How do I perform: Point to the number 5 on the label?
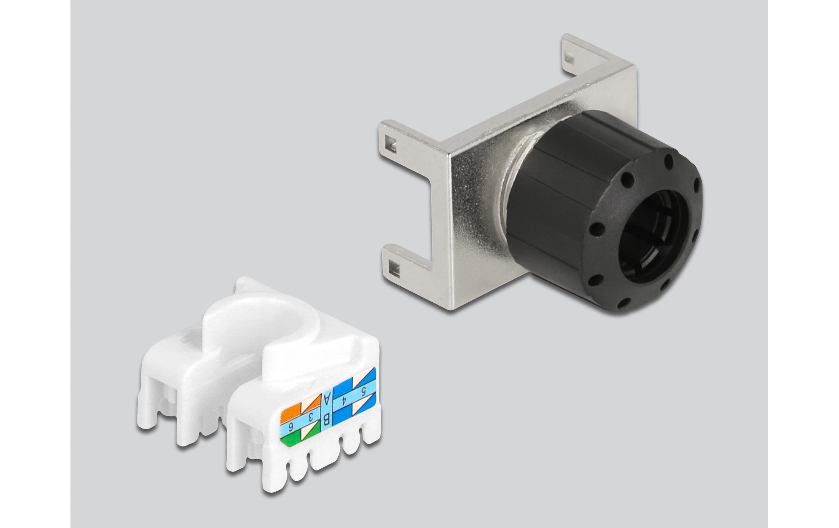coord(363,391)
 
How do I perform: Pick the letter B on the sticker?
coord(327,418)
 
